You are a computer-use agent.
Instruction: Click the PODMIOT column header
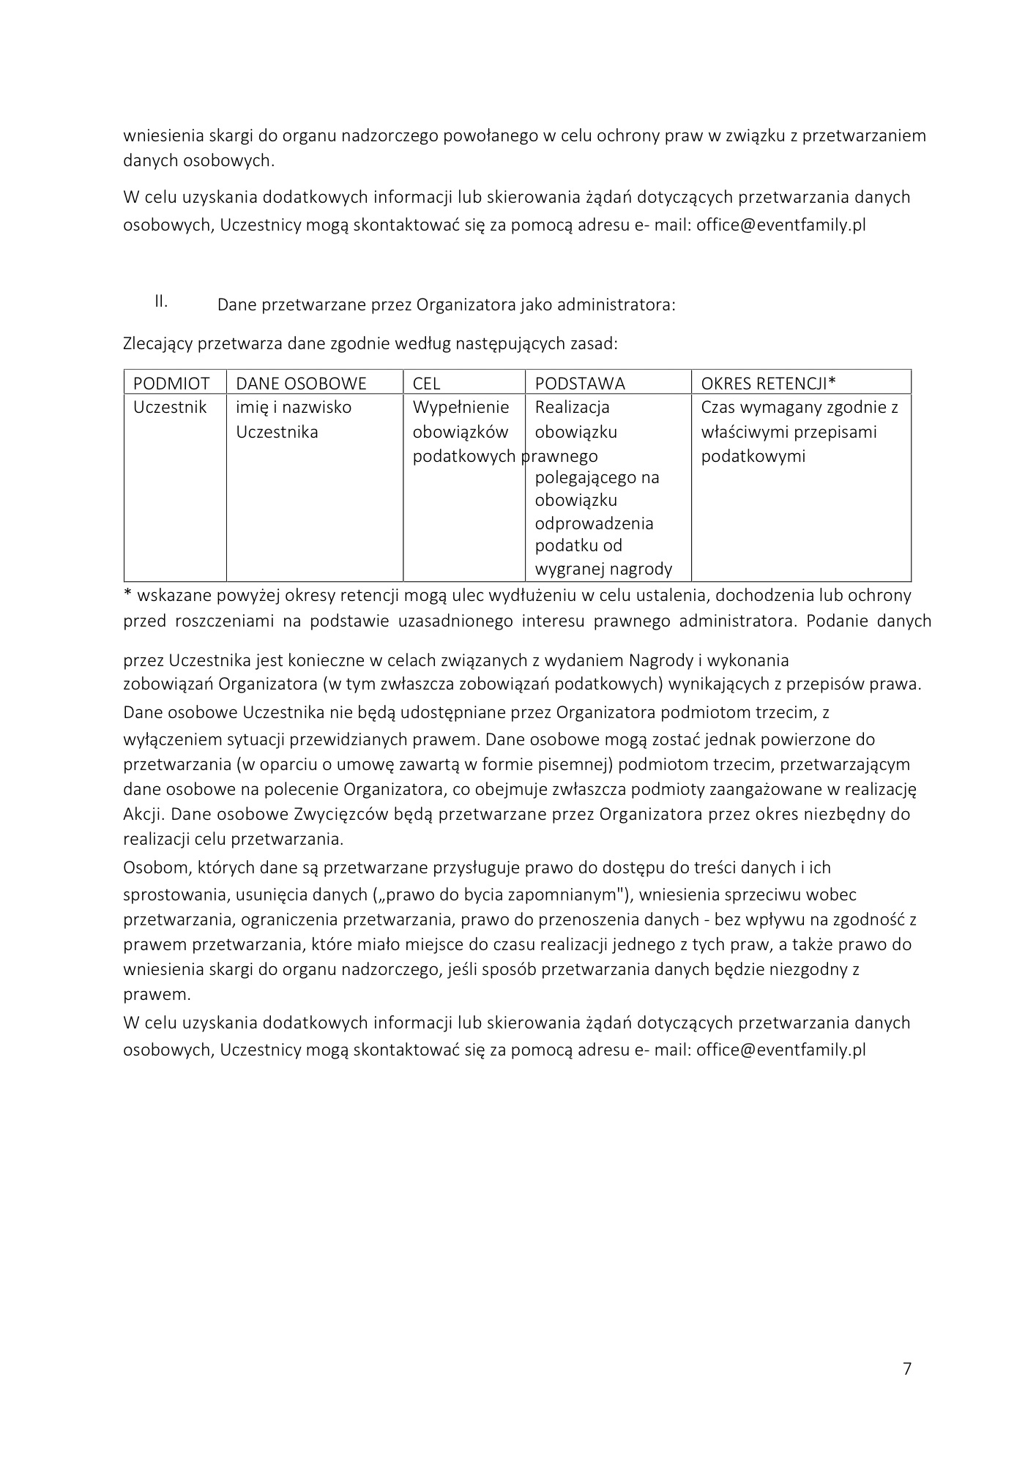point(171,383)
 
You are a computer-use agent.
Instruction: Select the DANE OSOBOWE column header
point(301,383)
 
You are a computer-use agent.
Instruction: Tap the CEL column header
point(426,383)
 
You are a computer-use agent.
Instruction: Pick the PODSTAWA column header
point(580,383)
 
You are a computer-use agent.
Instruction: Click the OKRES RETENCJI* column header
point(768,383)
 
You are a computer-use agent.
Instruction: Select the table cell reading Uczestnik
point(170,407)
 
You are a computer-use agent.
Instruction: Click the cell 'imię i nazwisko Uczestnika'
point(293,419)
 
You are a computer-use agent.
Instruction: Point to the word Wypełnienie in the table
point(461,407)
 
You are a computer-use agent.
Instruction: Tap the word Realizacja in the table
point(572,407)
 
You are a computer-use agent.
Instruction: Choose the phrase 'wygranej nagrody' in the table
point(603,569)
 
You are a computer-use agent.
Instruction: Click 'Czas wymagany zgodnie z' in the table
point(800,407)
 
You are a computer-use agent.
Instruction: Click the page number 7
point(907,1368)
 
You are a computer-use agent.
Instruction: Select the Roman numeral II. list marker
point(161,301)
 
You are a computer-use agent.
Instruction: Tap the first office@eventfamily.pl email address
point(780,225)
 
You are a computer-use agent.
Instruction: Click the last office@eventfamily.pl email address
point(780,1050)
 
